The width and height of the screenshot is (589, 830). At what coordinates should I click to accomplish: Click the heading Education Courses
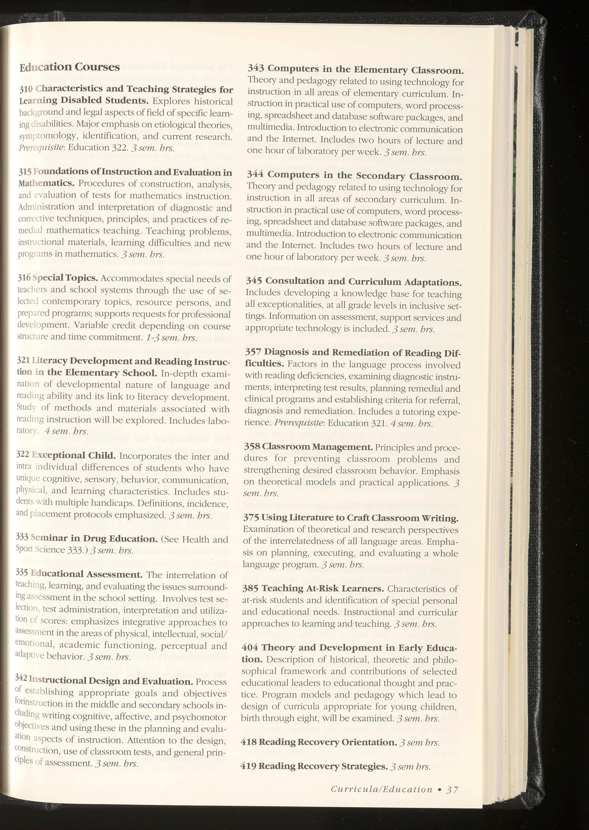[69, 67]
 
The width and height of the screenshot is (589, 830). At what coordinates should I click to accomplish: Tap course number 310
[26, 89]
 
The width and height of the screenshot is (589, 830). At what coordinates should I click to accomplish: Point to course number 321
[24, 362]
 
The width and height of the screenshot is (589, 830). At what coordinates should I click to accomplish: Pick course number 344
[255, 175]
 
